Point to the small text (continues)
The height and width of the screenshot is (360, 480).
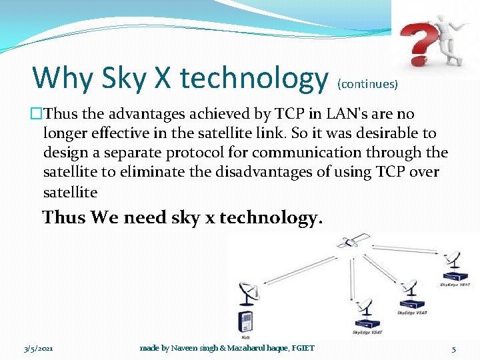[368, 84]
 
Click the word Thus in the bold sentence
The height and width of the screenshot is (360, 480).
[64, 217]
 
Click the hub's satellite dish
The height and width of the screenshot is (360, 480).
[248, 294]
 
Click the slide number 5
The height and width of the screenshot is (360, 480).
[453, 348]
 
